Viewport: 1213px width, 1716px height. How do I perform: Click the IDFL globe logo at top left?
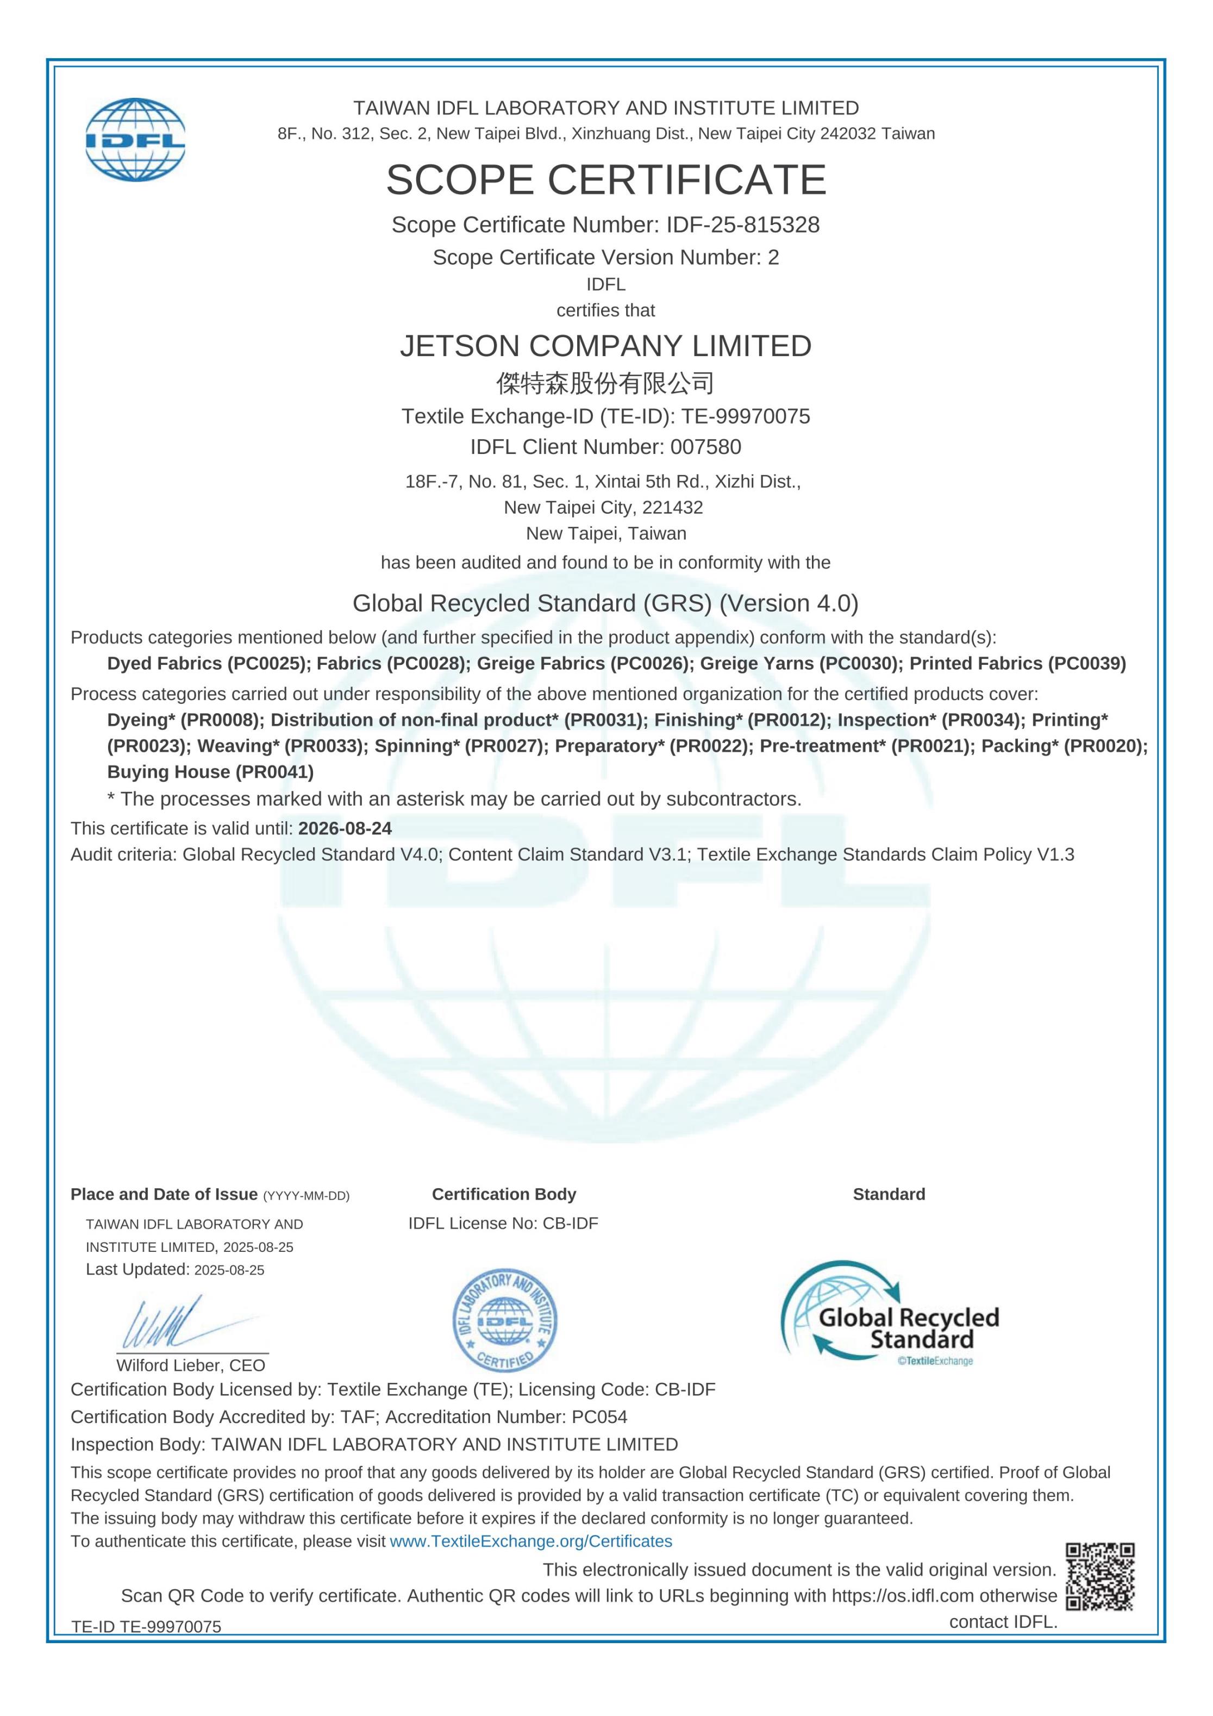coord(135,140)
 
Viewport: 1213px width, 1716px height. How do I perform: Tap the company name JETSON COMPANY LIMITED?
coord(605,346)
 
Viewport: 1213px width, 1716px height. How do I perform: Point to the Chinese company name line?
coord(605,383)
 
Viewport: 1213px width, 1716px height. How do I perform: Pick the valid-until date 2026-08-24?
coord(345,828)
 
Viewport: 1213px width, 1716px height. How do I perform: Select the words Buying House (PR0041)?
coord(210,772)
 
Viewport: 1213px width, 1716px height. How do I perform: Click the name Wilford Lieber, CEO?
coord(191,1365)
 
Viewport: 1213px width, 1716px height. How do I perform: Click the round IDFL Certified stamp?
coord(504,1321)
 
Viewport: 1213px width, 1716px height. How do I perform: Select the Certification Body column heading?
coord(504,1194)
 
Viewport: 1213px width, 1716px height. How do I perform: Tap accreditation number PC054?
coord(599,1417)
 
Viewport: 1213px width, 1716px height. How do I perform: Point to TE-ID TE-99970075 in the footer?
coord(147,1627)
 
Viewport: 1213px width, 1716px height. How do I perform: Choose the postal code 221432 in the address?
coord(673,508)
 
